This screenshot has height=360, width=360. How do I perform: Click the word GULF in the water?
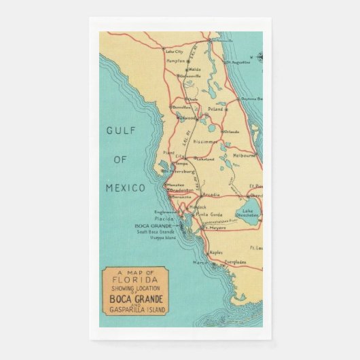(122, 131)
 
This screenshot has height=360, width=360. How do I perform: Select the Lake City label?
(175, 52)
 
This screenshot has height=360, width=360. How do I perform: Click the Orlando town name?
(232, 131)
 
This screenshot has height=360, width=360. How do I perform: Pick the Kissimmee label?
(205, 142)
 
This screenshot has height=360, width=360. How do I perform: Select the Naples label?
(216, 252)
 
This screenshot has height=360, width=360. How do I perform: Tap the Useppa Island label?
(157, 238)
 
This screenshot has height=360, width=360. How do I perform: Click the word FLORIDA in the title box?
(135, 280)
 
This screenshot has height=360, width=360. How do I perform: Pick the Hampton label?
(175, 61)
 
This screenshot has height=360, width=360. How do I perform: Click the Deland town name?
(215, 108)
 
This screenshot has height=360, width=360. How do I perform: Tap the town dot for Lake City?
(164, 52)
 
